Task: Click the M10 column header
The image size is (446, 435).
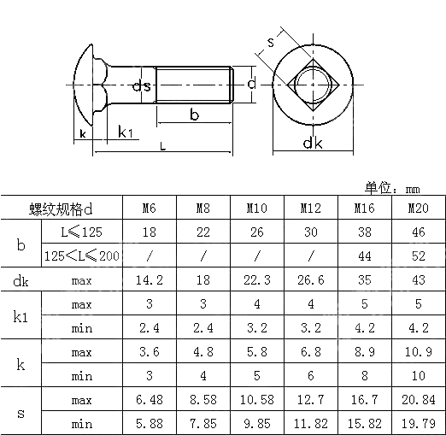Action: click(256, 209)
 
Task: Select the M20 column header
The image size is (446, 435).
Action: click(418, 209)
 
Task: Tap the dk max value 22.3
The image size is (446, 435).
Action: click(256, 279)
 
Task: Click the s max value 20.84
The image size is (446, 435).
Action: click(418, 399)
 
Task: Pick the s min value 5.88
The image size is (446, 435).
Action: click(149, 423)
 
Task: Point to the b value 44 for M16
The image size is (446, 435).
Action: click(364, 256)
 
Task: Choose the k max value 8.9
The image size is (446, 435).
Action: click(364, 351)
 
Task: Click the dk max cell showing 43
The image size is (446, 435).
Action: click(418, 279)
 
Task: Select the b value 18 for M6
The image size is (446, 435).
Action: click(149, 232)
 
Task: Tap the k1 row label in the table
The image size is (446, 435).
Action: click(21, 316)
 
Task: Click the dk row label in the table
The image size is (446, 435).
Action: click(21, 279)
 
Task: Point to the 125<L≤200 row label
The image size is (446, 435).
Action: click(81, 256)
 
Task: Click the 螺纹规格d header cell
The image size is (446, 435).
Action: click(60, 209)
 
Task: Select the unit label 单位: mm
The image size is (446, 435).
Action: click(394, 188)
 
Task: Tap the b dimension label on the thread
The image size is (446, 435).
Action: click(194, 115)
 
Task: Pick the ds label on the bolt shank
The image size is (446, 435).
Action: click(142, 85)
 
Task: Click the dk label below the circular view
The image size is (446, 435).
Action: click(313, 144)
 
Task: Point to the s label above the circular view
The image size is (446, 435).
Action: click(271, 41)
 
